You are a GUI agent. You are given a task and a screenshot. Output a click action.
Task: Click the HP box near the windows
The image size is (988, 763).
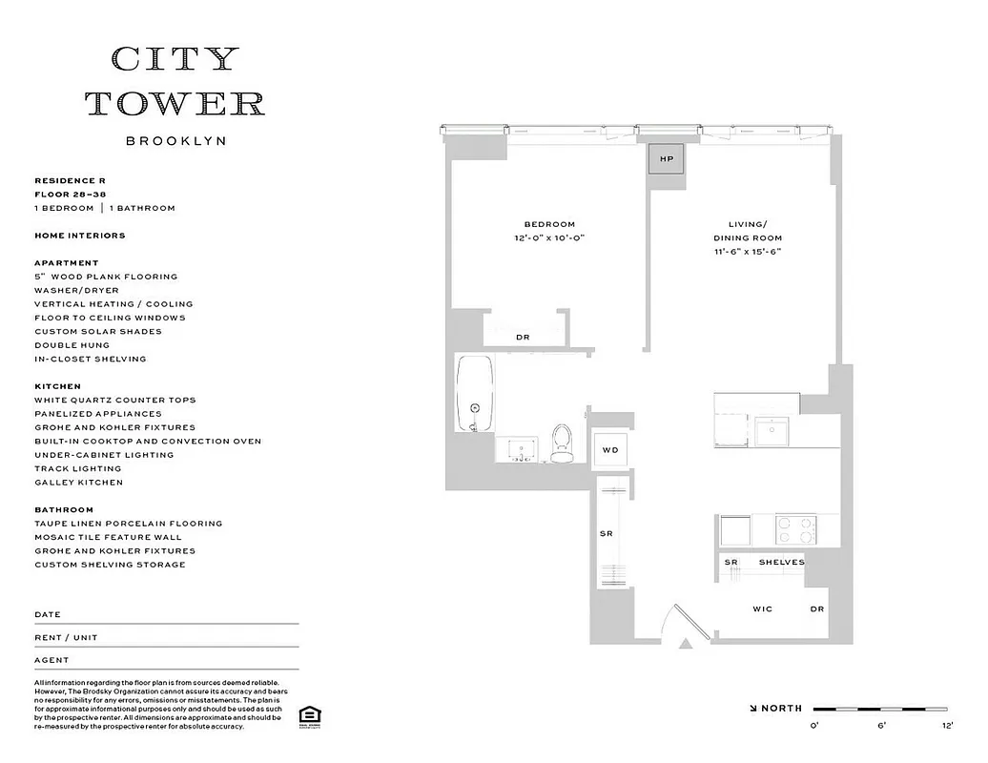(x=667, y=159)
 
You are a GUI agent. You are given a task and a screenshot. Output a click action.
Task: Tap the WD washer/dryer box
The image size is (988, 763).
(x=609, y=450)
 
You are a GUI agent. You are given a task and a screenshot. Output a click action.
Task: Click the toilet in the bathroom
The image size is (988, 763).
(x=563, y=443)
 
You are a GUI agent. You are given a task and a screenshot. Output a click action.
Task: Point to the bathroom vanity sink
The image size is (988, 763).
(x=520, y=449)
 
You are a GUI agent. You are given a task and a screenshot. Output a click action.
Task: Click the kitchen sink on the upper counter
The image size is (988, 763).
(x=770, y=431)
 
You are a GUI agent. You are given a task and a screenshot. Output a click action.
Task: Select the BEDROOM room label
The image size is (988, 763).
(x=549, y=224)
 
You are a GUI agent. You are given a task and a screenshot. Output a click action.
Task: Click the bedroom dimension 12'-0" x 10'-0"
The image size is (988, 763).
(x=548, y=238)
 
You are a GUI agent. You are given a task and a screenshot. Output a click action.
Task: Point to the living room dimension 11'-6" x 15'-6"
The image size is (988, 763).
(x=748, y=252)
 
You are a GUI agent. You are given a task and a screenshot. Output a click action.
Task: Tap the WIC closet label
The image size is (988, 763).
(x=763, y=608)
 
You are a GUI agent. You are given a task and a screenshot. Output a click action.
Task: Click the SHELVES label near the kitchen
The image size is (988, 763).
(x=781, y=563)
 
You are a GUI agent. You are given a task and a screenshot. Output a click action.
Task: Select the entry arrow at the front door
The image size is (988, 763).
(x=684, y=644)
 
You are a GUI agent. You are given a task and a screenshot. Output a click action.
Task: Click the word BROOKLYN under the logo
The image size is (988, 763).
(x=175, y=141)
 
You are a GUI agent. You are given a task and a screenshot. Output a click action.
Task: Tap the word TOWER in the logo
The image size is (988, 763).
(x=175, y=103)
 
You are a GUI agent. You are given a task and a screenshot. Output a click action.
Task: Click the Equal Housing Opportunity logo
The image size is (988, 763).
(x=308, y=715)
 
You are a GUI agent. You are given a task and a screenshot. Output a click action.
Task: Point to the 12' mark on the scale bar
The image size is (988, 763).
(x=947, y=726)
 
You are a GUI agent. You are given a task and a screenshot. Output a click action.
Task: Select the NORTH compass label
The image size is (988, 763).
(x=781, y=709)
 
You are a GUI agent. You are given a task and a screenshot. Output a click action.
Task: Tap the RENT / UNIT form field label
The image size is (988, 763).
(x=66, y=637)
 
